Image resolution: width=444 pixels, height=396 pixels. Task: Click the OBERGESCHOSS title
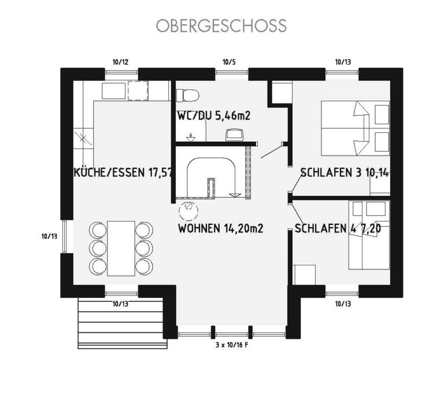(221, 25)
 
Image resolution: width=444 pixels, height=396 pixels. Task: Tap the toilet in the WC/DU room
(187, 95)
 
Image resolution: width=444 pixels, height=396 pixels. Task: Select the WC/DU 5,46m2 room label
(214, 116)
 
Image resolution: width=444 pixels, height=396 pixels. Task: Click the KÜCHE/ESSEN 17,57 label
(123, 172)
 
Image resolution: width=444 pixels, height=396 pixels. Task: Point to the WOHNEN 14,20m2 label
(221, 228)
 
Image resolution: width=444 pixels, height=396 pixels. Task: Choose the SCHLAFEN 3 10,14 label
(345, 172)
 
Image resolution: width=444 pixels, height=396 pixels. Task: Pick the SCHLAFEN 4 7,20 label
(338, 228)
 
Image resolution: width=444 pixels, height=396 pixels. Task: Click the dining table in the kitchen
(121, 248)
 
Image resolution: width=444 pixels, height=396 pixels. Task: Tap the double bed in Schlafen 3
(355, 128)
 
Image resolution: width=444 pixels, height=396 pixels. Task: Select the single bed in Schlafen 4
(369, 235)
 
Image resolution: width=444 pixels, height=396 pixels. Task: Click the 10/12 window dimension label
(120, 62)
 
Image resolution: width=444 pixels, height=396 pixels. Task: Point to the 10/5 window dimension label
(229, 62)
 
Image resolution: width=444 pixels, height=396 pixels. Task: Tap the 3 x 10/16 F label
(232, 345)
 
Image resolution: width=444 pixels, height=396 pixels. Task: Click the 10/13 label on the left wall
(49, 236)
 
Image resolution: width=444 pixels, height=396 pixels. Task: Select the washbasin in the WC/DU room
(235, 135)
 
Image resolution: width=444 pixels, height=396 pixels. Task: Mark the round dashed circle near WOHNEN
(188, 210)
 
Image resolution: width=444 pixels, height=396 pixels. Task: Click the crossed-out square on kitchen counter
(83, 138)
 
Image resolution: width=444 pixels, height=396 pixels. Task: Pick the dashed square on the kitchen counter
(138, 91)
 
